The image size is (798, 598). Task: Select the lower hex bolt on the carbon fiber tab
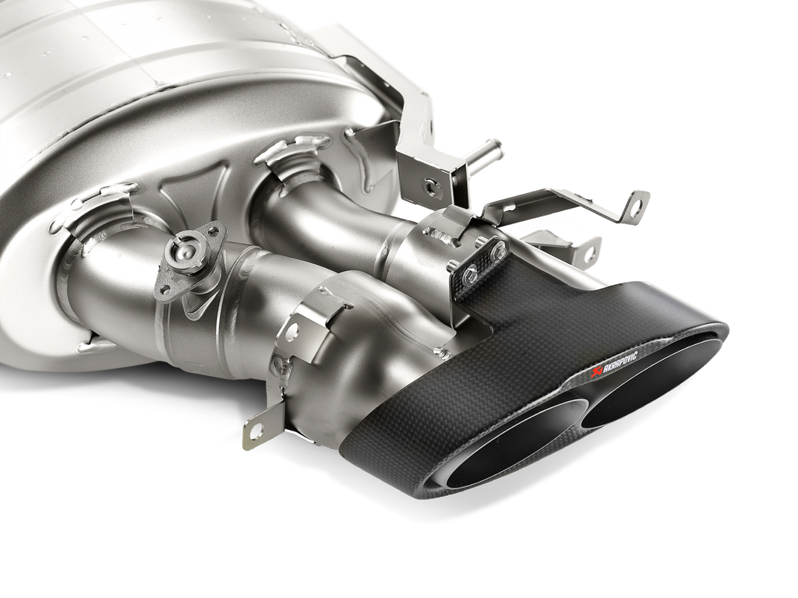pyautogui.click(x=471, y=273)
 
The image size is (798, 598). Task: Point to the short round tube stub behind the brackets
pyautogui.click(x=486, y=153)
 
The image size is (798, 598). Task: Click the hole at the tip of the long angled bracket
pyautogui.click(x=638, y=206)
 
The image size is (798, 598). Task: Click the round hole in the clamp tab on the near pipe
pyautogui.click(x=291, y=331)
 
